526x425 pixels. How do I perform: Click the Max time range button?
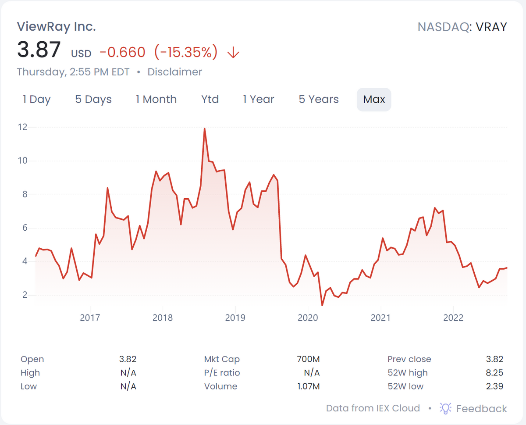point(374,100)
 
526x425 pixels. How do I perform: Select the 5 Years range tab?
point(319,100)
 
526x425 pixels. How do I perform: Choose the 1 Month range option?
point(156,100)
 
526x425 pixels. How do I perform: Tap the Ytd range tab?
point(210,100)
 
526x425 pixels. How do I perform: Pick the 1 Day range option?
point(37,100)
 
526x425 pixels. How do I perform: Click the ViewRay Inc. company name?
point(56,27)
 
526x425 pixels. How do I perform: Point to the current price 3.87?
point(39,49)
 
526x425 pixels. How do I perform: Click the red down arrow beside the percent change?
point(233,53)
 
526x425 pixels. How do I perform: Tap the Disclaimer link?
point(174,72)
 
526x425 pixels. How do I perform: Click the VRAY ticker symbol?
point(491,27)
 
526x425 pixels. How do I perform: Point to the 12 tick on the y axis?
point(22,128)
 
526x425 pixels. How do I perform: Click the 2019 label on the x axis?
point(235,318)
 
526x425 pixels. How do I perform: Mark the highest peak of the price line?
point(204,129)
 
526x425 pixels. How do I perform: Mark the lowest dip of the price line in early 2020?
point(322,304)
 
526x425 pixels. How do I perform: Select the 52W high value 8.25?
point(494,373)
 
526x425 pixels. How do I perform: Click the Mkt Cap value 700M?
point(308,359)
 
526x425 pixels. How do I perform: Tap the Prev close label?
point(409,359)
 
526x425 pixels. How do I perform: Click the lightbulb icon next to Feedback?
point(446,408)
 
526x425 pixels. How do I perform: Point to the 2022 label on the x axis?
point(453,318)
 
